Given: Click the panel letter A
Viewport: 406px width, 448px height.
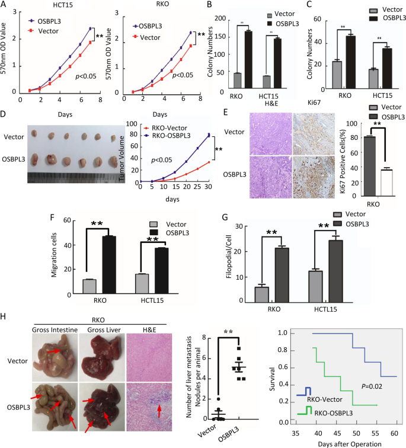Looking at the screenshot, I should coord(5,5).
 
